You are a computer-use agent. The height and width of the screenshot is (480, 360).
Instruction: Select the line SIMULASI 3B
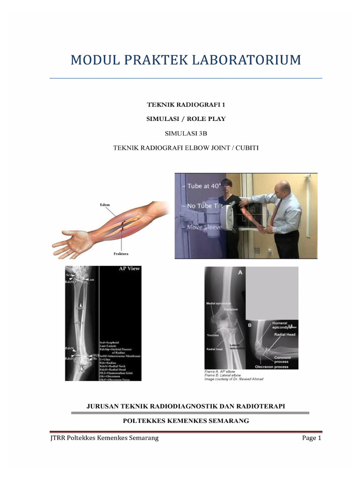click(x=186, y=134)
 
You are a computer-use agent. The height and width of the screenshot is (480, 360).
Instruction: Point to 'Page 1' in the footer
click(x=312, y=438)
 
